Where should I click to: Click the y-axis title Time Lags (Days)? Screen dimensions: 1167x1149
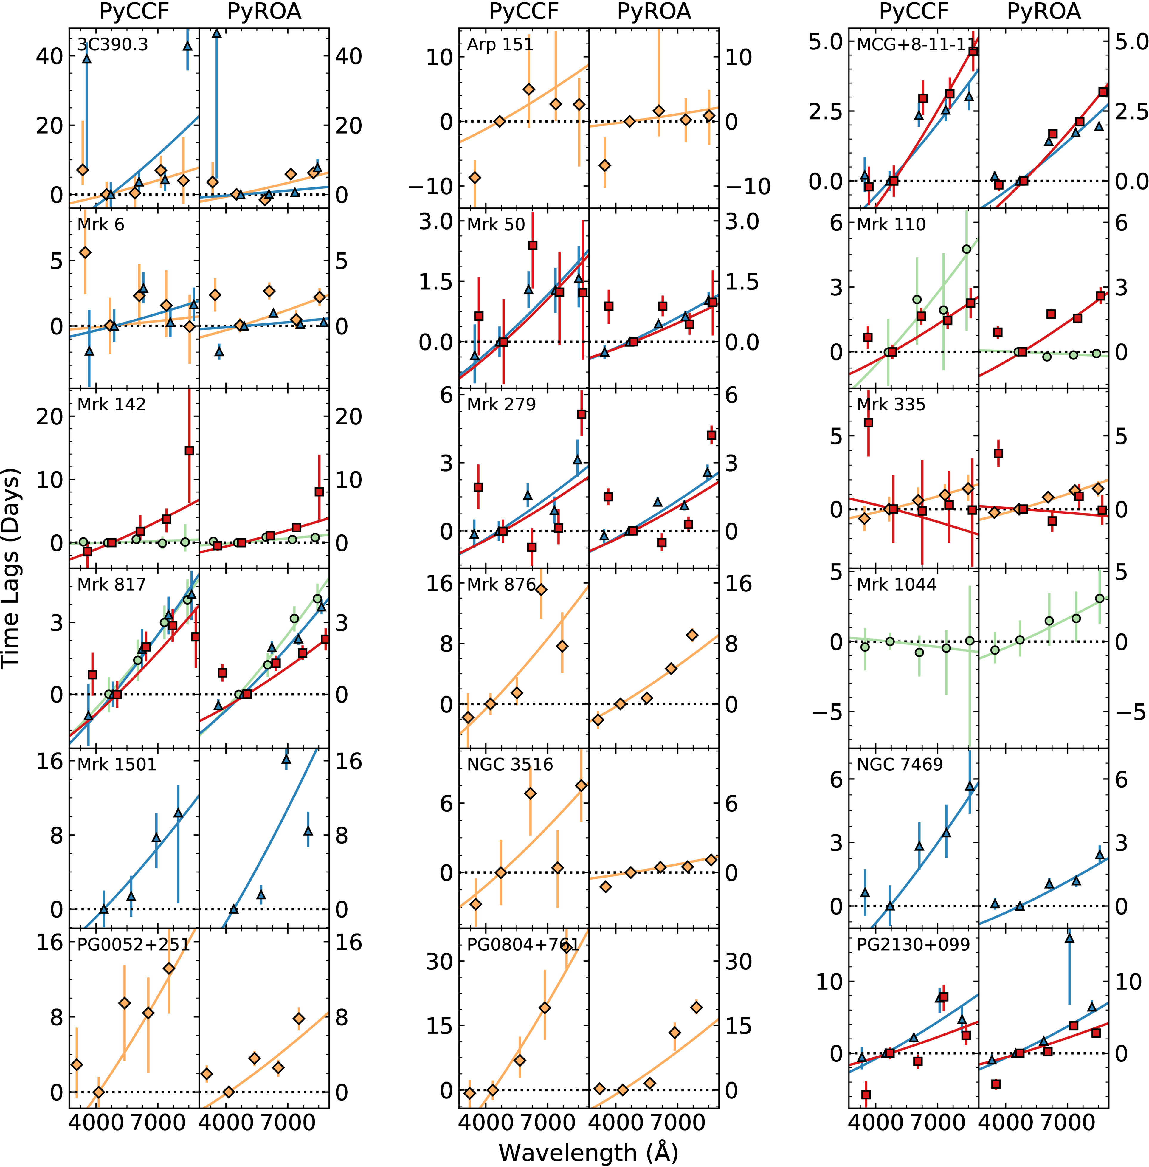pos(11,567)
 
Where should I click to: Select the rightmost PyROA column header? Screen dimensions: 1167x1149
pos(1044,11)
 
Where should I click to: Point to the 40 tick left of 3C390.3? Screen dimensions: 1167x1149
pos(48,57)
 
